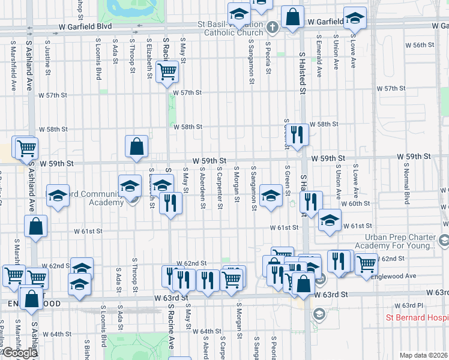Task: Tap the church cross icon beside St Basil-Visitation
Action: tap(272, 27)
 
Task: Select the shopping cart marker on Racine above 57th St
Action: tap(167, 73)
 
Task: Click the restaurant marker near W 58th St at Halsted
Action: tap(297, 134)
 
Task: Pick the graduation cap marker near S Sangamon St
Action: tap(271, 195)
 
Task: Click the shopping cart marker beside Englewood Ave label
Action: tap(366, 263)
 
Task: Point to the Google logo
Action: tap(19, 353)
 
